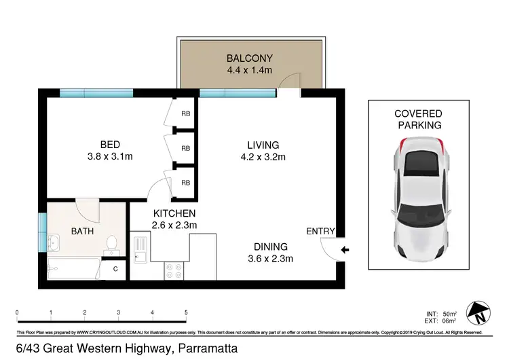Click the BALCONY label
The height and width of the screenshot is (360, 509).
(x=250, y=58)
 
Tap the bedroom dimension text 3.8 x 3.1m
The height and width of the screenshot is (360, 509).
(x=111, y=157)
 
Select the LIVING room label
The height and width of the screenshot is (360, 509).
(x=263, y=145)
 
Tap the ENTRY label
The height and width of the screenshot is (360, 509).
(x=320, y=232)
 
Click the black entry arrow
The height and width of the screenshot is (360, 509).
(x=345, y=251)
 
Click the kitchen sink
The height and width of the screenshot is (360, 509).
(x=140, y=249)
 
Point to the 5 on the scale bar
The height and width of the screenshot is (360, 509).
(x=186, y=312)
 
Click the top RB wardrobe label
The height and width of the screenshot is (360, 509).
(x=185, y=114)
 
